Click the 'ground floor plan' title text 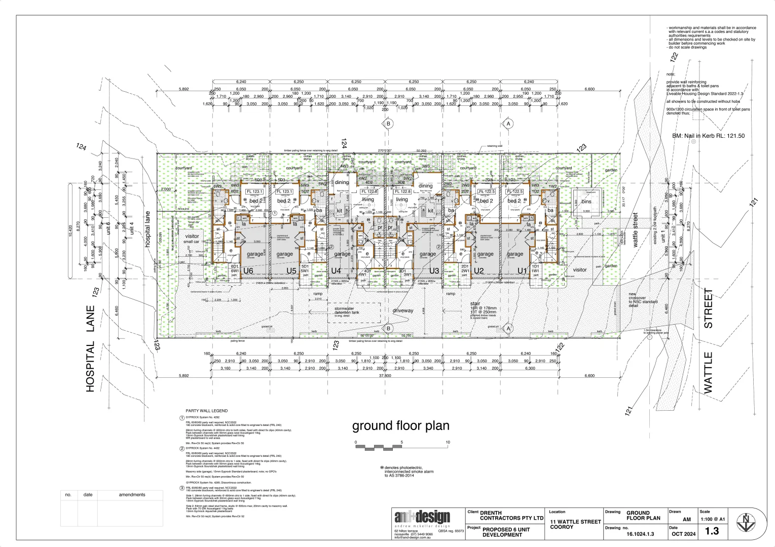coord(400,426)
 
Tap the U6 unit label coord(248,271)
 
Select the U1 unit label coord(522,271)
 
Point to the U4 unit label coord(336,271)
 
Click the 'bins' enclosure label coord(586,202)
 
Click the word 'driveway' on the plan coord(403,310)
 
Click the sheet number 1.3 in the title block coord(712,531)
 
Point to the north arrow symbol coord(745,522)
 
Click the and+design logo coord(422,518)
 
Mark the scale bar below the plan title coord(401,447)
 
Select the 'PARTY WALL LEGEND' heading coord(206,411)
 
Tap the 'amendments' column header coord(132,495)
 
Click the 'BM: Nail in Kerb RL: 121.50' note coord(708,136)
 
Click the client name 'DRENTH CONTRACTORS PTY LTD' coord(510,516)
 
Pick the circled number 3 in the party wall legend coord(182,488)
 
